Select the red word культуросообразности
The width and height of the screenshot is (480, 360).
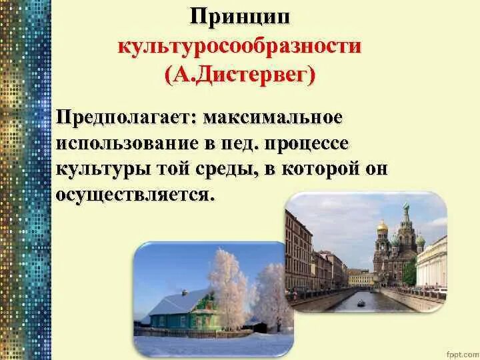(x=239, y=47)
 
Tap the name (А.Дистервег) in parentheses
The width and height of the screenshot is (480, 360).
(x=239, y=75)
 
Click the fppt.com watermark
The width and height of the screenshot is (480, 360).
(x=461, y=349)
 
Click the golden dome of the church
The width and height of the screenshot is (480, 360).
(x=382, y=226)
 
